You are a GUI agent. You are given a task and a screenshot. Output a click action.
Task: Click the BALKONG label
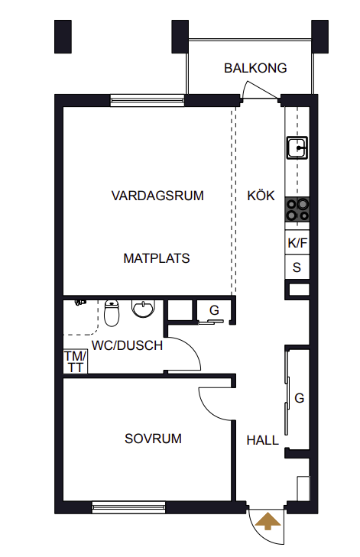click(x=255, y=68)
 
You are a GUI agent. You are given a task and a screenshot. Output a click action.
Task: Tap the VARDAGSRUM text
click(x=157, y=196)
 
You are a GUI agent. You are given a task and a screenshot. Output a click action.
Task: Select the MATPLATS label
click(x=157, y=258)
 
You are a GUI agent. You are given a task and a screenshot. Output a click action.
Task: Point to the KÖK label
click(x=261, y=196)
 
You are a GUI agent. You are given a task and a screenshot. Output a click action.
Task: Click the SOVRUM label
click(x=153, y=439)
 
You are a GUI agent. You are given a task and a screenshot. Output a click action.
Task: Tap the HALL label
click(x=263, y=441)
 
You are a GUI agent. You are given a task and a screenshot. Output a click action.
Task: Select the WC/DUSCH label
click(x=127, y=345)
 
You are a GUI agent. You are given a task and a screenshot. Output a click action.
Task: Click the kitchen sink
click(x=297, y=147)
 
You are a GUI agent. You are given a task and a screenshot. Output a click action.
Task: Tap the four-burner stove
click(x=297, y=210)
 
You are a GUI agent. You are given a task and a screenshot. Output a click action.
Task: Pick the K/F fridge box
click(x=297, y=243)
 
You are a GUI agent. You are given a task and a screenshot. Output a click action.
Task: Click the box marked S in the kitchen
click(x=297, y=267)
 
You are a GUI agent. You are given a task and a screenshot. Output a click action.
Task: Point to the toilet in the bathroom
click(x=112, y=313)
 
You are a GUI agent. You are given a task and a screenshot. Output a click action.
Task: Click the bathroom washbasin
click(x=144, y=309)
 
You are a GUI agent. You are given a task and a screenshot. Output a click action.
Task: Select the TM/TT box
click(x=76, y=361)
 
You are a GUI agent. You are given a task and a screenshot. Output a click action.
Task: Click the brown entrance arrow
click(x=268, y=521)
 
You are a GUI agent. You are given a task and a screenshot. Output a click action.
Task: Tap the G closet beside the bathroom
click(x=213, y=311)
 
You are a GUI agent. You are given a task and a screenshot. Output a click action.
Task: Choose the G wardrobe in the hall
click(x=298, y=398)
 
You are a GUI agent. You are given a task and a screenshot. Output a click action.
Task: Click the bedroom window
click(x=128, y=507)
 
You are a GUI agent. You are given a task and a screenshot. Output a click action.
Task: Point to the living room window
click(x=148, y=100)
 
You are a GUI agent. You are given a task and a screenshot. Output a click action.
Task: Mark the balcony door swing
click(x=260, y=90)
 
